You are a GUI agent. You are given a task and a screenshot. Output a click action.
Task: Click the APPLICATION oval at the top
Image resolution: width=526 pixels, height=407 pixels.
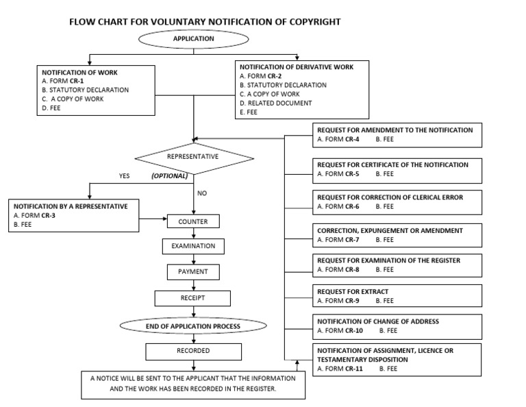(x=194, y=39)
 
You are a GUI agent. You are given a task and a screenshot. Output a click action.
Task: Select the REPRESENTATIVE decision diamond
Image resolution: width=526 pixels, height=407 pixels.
(x=193, y=157)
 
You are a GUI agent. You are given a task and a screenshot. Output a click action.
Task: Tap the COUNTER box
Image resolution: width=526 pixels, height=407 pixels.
(x=193, y=221)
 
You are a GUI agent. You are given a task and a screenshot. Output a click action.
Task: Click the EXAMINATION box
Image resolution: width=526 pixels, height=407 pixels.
(x=193, y=247)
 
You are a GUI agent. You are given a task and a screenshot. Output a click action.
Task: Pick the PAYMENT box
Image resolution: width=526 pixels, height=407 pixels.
(x=193, y=272)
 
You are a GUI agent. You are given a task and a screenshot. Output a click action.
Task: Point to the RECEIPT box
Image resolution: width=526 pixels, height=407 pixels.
(x=193, y=298)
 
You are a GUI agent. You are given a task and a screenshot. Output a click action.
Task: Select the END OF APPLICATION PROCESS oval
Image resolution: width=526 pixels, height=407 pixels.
(x=193, y=326)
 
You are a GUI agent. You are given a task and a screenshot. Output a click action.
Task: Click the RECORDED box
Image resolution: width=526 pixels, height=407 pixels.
(x=193, y=351)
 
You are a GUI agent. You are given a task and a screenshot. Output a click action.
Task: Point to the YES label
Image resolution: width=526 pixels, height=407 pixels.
(x=124, y=176)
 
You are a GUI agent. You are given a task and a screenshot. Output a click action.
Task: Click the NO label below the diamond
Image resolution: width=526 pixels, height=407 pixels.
(x=202, y=193)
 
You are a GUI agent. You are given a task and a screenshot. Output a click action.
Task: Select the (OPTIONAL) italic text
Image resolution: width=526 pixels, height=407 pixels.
(x=169, y=176)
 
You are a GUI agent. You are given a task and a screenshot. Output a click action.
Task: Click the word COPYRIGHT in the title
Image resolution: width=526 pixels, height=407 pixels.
(x=307, y=22)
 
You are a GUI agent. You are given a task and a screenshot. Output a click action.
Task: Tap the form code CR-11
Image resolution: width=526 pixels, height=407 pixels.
(x=354, y=369)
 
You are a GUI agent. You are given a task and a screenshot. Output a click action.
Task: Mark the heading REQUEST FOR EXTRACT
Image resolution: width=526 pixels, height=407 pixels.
(x=353, y=292)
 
